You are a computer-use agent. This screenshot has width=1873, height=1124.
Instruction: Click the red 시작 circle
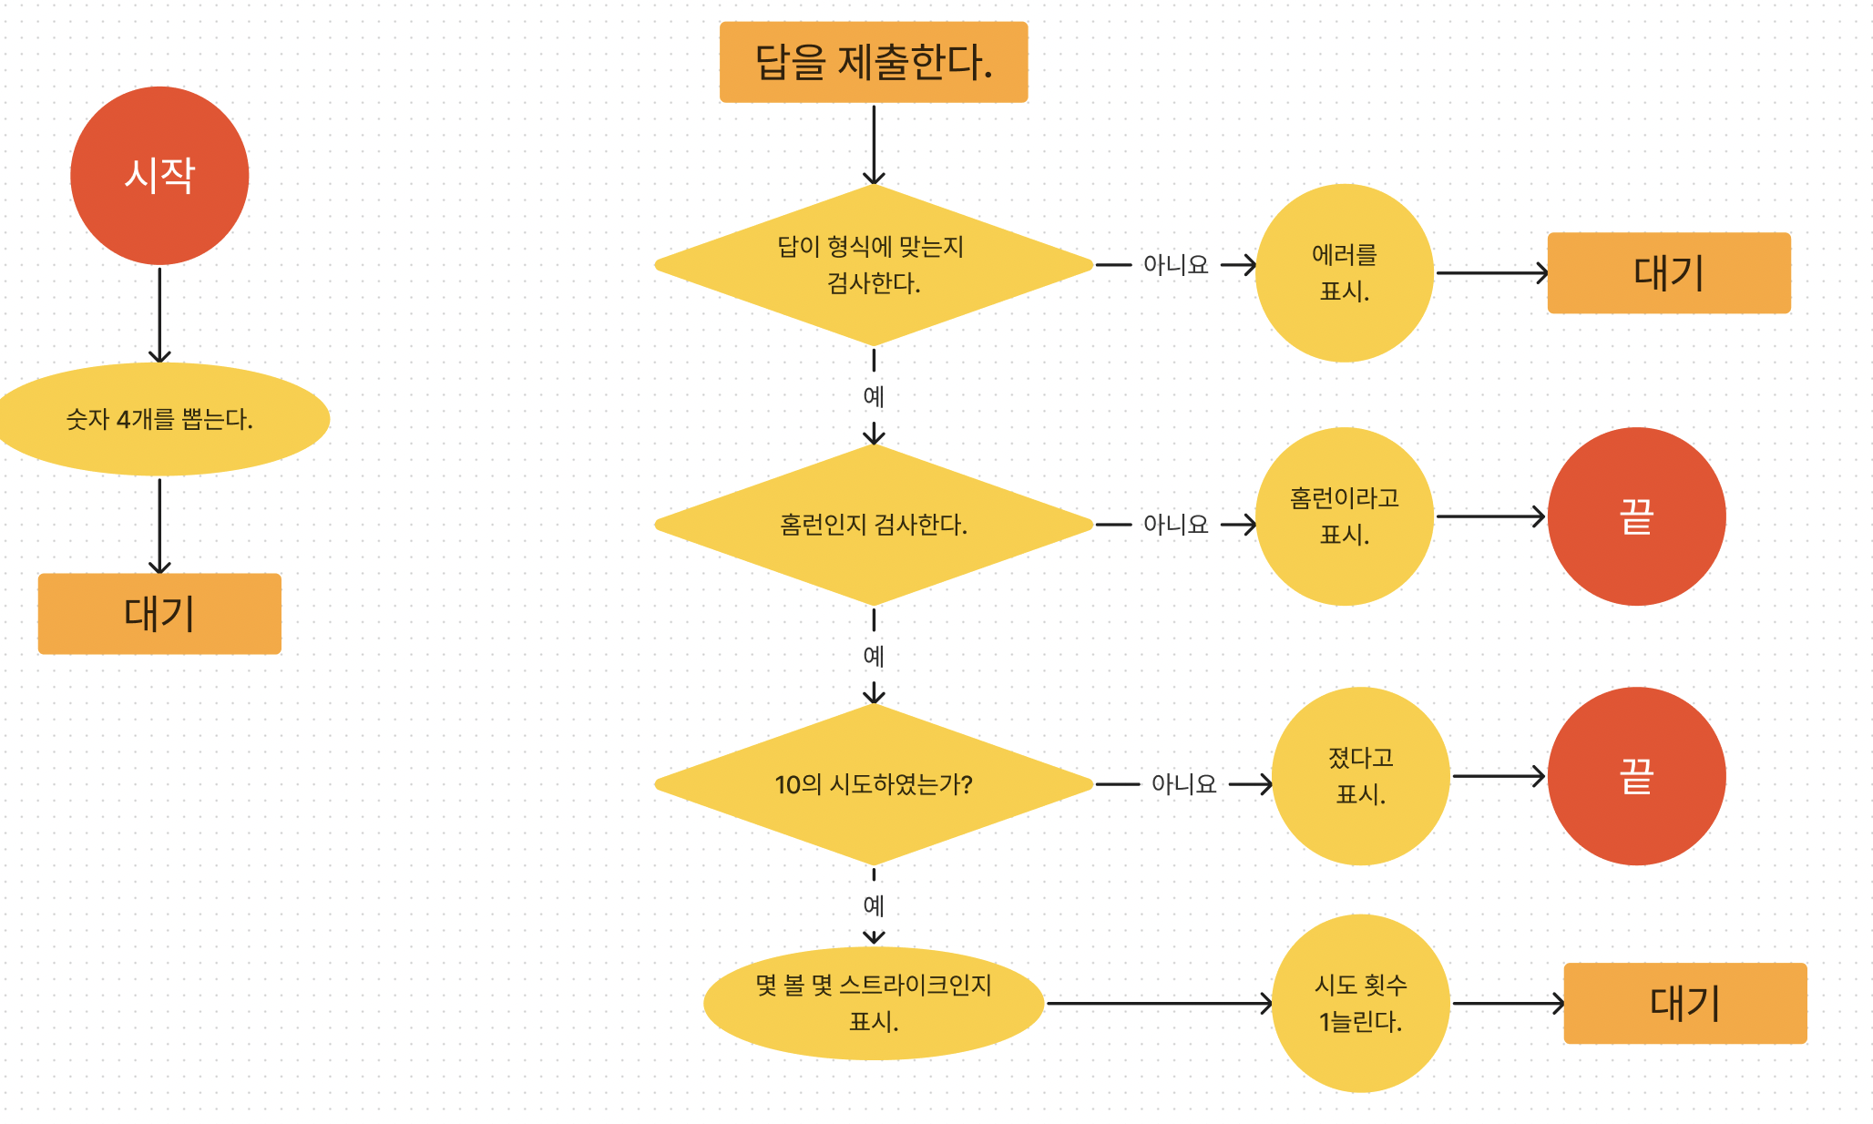click(159, 176)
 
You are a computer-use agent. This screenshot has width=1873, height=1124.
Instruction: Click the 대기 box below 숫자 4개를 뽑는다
click(159, 613)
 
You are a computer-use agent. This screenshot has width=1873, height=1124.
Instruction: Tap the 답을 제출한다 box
click(873, 62)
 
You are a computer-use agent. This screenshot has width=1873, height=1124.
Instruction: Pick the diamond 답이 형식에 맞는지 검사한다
click(873, 265)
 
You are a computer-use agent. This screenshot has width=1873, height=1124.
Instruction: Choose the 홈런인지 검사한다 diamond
click(873, 525)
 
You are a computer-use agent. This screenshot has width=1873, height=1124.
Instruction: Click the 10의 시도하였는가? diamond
click(873, 784)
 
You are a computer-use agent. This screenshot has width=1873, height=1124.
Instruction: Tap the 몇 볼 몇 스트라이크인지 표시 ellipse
click(873, 1003)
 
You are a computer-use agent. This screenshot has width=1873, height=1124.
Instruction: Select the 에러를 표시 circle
click(1344, 272)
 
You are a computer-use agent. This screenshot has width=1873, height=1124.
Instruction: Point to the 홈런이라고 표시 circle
click(1344, 516)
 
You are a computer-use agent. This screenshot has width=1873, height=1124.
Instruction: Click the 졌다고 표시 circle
click(1360, 776)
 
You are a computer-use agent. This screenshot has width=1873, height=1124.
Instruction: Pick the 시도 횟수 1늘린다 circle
click(1360, 1003)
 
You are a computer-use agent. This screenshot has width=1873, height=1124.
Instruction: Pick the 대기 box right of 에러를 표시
click(1668, 272)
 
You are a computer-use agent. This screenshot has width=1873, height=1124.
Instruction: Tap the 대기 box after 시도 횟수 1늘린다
click(1684, 1003)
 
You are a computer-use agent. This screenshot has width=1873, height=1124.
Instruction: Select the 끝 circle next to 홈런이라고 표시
click(1636, 516)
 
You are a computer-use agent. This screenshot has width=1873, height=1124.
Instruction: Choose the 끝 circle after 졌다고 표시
click(1636, 776)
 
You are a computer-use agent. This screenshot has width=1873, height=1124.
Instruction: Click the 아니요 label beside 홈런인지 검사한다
click(1175, 525)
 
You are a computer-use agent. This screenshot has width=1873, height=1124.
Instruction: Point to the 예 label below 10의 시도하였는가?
click(873, 905)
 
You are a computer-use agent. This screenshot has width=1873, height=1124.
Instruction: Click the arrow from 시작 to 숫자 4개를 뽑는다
click(159, 314)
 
